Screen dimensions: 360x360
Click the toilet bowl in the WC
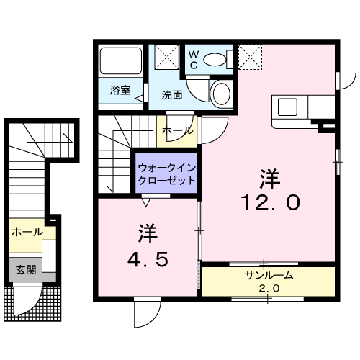215,59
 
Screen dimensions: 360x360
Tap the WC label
194,60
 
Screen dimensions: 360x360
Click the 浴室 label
120,90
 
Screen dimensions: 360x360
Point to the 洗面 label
172,95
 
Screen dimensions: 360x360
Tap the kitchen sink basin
287,107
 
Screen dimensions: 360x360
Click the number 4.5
147,259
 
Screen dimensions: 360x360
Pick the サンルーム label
269,275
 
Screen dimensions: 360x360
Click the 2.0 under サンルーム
269,288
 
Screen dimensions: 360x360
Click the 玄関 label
26,270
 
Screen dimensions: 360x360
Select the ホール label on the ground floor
27,232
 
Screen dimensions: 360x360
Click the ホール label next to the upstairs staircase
178,131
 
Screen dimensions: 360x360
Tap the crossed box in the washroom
167,57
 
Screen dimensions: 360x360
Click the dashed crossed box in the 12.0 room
251,57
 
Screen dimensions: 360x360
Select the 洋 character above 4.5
147,233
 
